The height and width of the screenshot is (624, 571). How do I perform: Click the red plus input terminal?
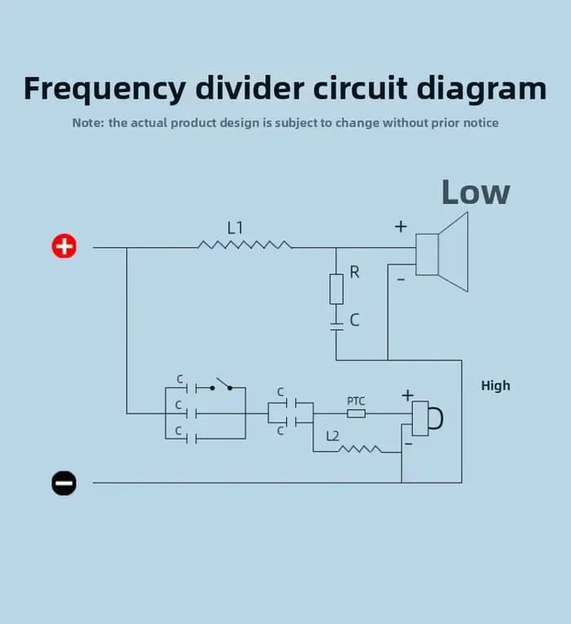click(64, 246)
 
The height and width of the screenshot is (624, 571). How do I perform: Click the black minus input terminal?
click(64, 483)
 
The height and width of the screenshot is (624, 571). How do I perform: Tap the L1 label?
click(235, 228)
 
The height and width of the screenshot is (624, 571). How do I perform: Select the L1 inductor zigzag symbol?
click(245, 245)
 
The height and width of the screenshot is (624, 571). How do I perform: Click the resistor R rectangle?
click(336, 290)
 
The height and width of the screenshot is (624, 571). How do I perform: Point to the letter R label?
click(355, 272)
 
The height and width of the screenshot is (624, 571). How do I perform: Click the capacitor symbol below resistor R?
click(337, 326)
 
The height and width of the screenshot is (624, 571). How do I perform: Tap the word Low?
click(476, 193)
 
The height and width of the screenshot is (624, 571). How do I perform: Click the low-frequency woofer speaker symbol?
click(441, 252)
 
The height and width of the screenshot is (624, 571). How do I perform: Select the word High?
click(495, 386)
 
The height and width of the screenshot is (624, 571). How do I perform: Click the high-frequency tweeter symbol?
click(427, 418)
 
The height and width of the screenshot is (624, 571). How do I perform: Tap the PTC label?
click(356, 401)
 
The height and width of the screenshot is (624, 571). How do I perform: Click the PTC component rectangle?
click(356, 414)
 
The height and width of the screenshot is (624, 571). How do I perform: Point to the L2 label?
click(333, 436)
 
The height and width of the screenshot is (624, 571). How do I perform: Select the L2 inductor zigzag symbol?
click(360, 449)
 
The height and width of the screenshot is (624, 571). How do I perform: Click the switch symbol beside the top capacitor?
click(221, 384)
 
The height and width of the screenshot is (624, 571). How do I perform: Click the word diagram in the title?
click(481, 89)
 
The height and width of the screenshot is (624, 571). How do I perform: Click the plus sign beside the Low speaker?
click(401, 227)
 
